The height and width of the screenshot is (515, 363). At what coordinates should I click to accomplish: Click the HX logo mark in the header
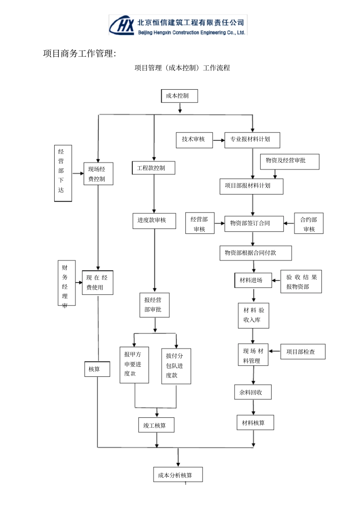point(122,25)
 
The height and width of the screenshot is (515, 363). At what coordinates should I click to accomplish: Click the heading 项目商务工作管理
point(79,54)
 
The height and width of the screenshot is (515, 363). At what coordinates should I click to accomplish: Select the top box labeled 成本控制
point(179,96)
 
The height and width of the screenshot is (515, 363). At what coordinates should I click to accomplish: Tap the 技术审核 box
point(194,140)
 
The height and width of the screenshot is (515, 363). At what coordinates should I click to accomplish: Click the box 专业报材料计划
point(252,140)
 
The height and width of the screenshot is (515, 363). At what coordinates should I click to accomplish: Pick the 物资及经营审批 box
point(290,162)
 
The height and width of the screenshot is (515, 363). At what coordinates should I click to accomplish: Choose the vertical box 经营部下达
point(63,173)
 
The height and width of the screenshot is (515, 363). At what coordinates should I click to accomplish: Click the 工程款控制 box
point(154,168)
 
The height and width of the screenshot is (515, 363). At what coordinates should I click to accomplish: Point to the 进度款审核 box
point(154,221)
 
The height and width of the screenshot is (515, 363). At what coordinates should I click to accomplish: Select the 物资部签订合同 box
point(254,224)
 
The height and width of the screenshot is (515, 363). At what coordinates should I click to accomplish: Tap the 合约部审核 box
point(309,223)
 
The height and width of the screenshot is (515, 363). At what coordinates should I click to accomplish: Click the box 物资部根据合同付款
point(256,253)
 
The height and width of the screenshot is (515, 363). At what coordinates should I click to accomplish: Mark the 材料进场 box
point(253,280)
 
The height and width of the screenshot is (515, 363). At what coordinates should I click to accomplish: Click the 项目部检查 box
point(303,352)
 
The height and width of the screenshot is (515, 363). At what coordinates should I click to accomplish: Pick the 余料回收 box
point(253,392)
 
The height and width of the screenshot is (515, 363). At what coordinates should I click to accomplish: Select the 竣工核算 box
point(156,425)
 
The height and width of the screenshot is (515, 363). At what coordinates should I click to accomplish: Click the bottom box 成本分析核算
point(178,474)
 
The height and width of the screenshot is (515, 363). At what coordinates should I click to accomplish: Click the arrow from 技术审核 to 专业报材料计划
point(219,140)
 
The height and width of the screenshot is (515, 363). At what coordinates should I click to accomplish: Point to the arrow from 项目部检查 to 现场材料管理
point(274,351)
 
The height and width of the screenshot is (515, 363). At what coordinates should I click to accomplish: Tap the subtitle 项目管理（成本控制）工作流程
point(182,68)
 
